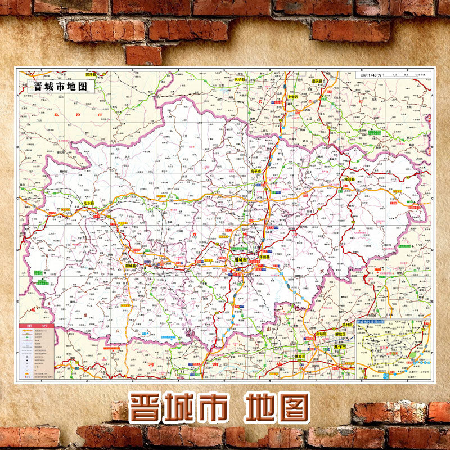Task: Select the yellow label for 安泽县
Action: click(90, 74)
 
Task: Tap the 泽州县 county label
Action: click(264, 256)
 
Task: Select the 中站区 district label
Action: click(320, 334)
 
